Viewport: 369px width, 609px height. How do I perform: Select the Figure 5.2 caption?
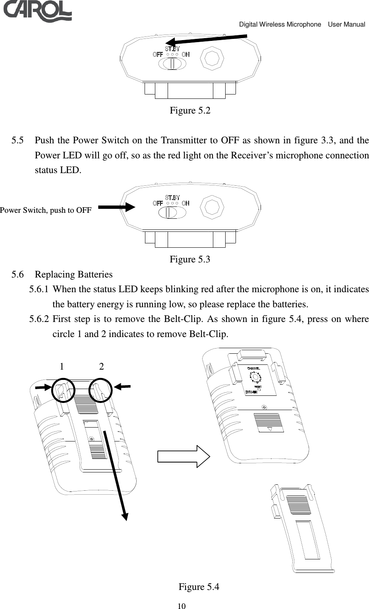(x=190, y=110)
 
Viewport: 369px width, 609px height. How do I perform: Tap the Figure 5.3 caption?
(x=190, y=260)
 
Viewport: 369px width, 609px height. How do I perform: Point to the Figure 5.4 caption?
(x=199, y=587)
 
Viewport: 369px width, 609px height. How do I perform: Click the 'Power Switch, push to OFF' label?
(x=46, y=210)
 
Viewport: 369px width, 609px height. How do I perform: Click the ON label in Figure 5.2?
(x=185, y=54)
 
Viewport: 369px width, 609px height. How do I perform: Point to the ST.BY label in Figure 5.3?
(x=172, y=197)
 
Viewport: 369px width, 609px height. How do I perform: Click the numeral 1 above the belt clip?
(x=62, y=366)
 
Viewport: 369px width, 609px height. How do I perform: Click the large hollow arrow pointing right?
(x=183, y=455)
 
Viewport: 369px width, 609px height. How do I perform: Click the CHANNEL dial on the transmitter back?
(x=255, y=378)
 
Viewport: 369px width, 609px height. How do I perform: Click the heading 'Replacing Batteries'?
(x=73, y=275)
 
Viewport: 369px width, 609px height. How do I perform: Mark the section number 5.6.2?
(x=40, y=319)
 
